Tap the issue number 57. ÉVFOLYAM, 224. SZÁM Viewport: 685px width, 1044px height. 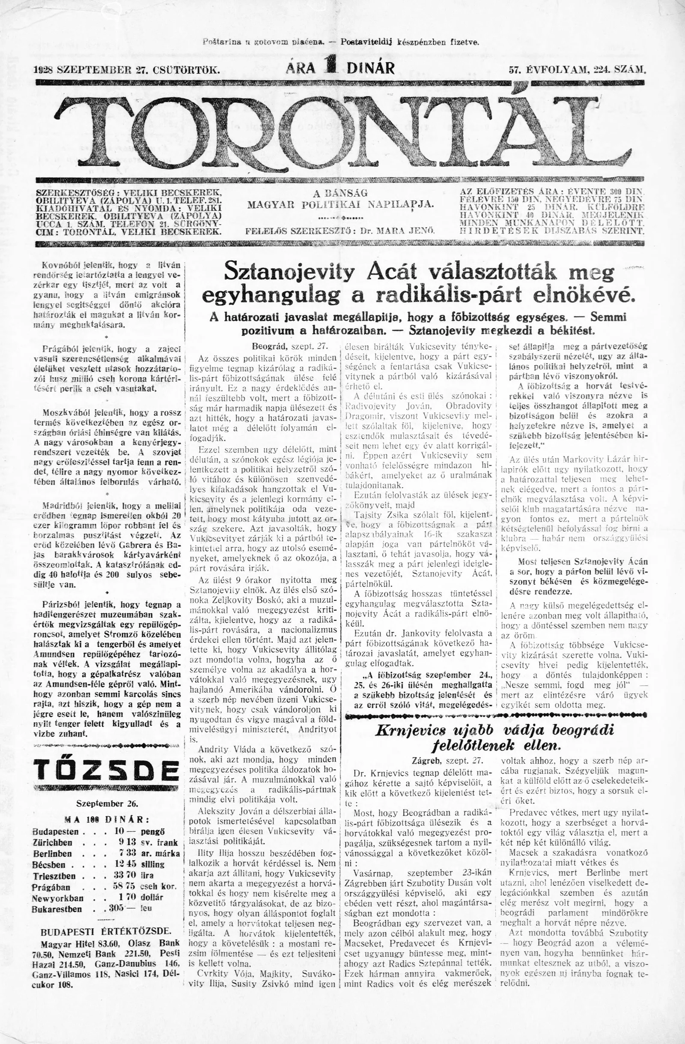click(578, 69)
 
